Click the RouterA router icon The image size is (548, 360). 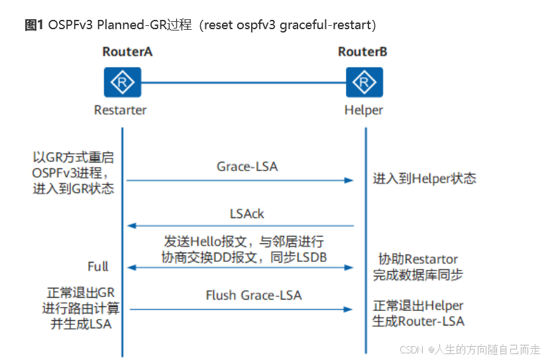point(122,83)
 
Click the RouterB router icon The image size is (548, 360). point(364,83)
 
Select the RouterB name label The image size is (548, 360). point(362,52)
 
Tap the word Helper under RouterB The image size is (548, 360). point(363,110)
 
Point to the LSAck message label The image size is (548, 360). point(247,213)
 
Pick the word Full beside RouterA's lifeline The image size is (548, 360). point(98,267)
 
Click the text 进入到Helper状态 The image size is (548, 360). point(424,178)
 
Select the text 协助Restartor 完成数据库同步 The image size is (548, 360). point(418,267)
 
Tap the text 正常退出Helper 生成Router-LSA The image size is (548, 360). point(418,314)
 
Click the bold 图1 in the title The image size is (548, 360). point(34,25)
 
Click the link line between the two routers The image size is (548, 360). point(243,83)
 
